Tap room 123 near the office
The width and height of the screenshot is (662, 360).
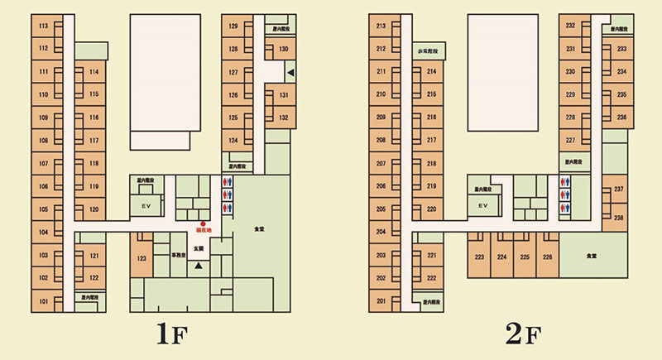142,259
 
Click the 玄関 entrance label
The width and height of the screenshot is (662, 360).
199,248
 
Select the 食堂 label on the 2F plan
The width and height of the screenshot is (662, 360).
591,257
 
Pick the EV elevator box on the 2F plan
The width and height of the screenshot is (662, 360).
482,204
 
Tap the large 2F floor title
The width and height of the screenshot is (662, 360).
523,335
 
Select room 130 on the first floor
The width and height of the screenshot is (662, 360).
283,50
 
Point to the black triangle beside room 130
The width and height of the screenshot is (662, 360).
290,74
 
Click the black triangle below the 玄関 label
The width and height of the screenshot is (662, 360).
198,266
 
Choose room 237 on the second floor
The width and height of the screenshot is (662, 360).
618,190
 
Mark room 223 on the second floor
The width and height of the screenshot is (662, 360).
479,257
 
